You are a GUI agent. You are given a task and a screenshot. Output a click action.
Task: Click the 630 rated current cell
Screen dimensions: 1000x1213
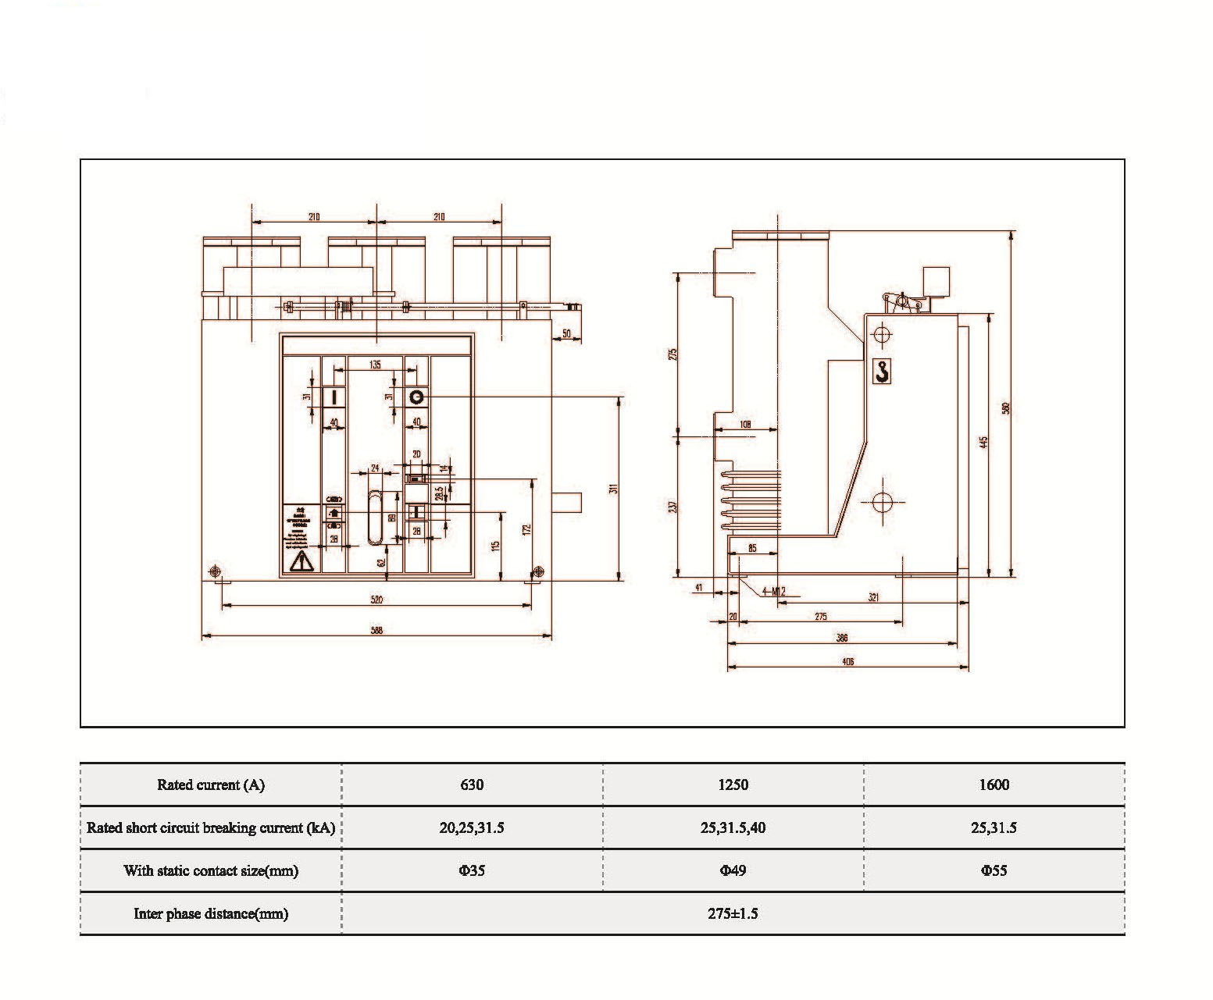pyautogui.click(x=472, y=785)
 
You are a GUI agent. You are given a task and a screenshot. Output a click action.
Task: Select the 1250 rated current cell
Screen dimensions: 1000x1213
pyautogui.click(x=733, y=785)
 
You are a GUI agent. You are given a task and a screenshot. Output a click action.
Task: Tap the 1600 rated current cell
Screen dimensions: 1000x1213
pyautogui.click(x=994, y=785)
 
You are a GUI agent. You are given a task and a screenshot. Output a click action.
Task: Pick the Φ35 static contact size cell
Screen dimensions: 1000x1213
pyautogui.click(x=472, y=870)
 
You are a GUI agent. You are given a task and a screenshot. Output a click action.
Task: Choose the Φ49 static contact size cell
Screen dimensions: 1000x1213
pyautogui.click(x=733, y=870)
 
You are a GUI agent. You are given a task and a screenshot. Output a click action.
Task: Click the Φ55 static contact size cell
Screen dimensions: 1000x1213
pyautogui.click(x=994, y=870)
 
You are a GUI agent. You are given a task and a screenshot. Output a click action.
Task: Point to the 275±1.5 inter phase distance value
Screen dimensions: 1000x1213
pyautogui.click(x=733, y=913)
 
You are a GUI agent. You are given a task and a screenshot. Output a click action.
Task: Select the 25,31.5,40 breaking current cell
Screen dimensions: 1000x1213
pyautogui.click(x=733, y=827)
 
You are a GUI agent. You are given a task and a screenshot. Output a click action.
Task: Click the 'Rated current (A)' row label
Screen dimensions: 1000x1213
pyautogui.click(x=211, y=785)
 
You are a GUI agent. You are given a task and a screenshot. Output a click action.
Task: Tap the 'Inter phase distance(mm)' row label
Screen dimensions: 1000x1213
pyautogui.click(x=211, y=913)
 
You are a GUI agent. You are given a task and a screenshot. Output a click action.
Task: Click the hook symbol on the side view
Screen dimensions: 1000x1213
pyautogui.click(x=882, y=371)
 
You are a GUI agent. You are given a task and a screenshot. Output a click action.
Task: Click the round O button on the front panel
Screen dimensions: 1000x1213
pyautogui.click(x=416, y=397)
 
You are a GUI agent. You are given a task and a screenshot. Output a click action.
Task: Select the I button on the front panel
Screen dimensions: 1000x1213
pyautogui.click(x=334, y=397)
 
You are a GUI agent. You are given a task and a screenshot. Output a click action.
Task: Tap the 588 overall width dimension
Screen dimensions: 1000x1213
pyautogui.click(x=376, y=630)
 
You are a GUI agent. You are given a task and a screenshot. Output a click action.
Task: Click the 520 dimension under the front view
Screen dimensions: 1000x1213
pyautogui.click(x=376, y=600)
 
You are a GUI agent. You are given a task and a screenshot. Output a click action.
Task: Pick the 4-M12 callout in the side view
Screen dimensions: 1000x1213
pyautogui.click(x=773, y=592)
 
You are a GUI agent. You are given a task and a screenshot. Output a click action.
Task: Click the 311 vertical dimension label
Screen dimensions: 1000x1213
pyautogui.click(x=614, y=489)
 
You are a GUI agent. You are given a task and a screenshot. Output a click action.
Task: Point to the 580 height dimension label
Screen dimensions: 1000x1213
pyautogui.click(x=1007, y=407)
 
